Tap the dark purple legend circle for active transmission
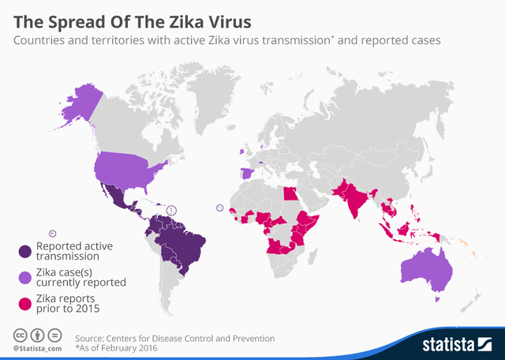tap(24, 251)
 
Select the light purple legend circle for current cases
tap(24, 276)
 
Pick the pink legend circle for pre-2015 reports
tap(24, 302)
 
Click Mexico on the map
tap(118, 197)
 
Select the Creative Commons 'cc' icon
tap(18, 335)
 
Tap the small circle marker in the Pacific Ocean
tap(53, 233)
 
